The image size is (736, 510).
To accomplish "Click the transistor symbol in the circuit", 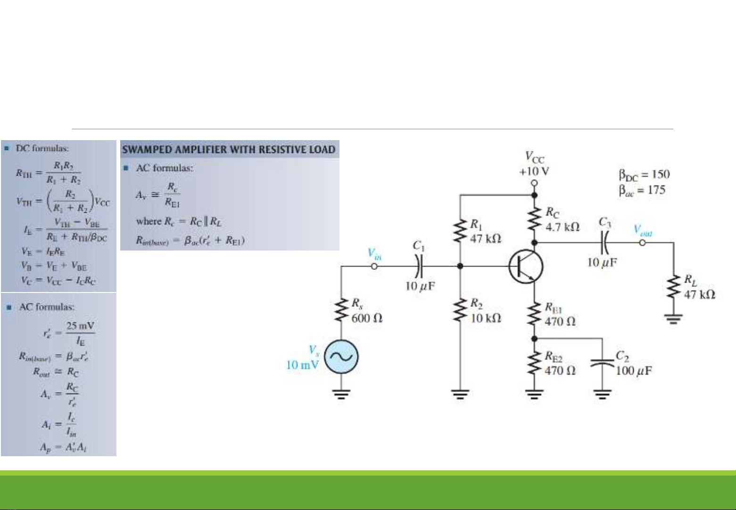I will pyautogui.click(x=526, y=267).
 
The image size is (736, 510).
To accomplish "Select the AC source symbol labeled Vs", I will pyautogui.click(x=341, y=357).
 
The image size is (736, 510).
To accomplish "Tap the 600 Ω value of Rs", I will pyautogui.click(x=367, y=318).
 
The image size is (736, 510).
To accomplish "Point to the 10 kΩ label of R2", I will pyautogui.click(x=486, y=318).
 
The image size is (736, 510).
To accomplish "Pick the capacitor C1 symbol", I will pyautogui.click(x=419, y=267).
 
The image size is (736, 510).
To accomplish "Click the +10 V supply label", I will pyautogui.click(x=534, y=171).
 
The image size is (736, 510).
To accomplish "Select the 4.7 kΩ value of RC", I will pyautogui.click(x=562, y=227).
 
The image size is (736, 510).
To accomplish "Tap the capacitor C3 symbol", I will pyautogui.click(x=605, y=242).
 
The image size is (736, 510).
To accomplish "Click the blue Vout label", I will pyautogui.click(x=643, y=231).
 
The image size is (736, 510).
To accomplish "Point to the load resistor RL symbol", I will pyautogui.click(x=674, y=288).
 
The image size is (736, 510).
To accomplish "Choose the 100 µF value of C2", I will pyautogui.click(x=634, y=371).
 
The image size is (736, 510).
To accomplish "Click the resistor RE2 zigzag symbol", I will pyautogui.click(x=534, y=363).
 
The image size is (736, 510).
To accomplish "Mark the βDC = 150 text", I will pyautogui.click(x=644, y=175).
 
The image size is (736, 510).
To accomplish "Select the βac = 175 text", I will pyautogui.click(x=642, y=190).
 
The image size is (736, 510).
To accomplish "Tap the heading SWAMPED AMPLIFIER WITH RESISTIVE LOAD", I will pyautogui.click(x=229, y=150).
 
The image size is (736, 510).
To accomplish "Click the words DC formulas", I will pyautogui.click(x=42, y=148).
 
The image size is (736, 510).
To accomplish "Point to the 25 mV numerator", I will pyautogui.click(x=80, y=326).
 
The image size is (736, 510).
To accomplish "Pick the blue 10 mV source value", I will pyautogui.click(x=302, y=365).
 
